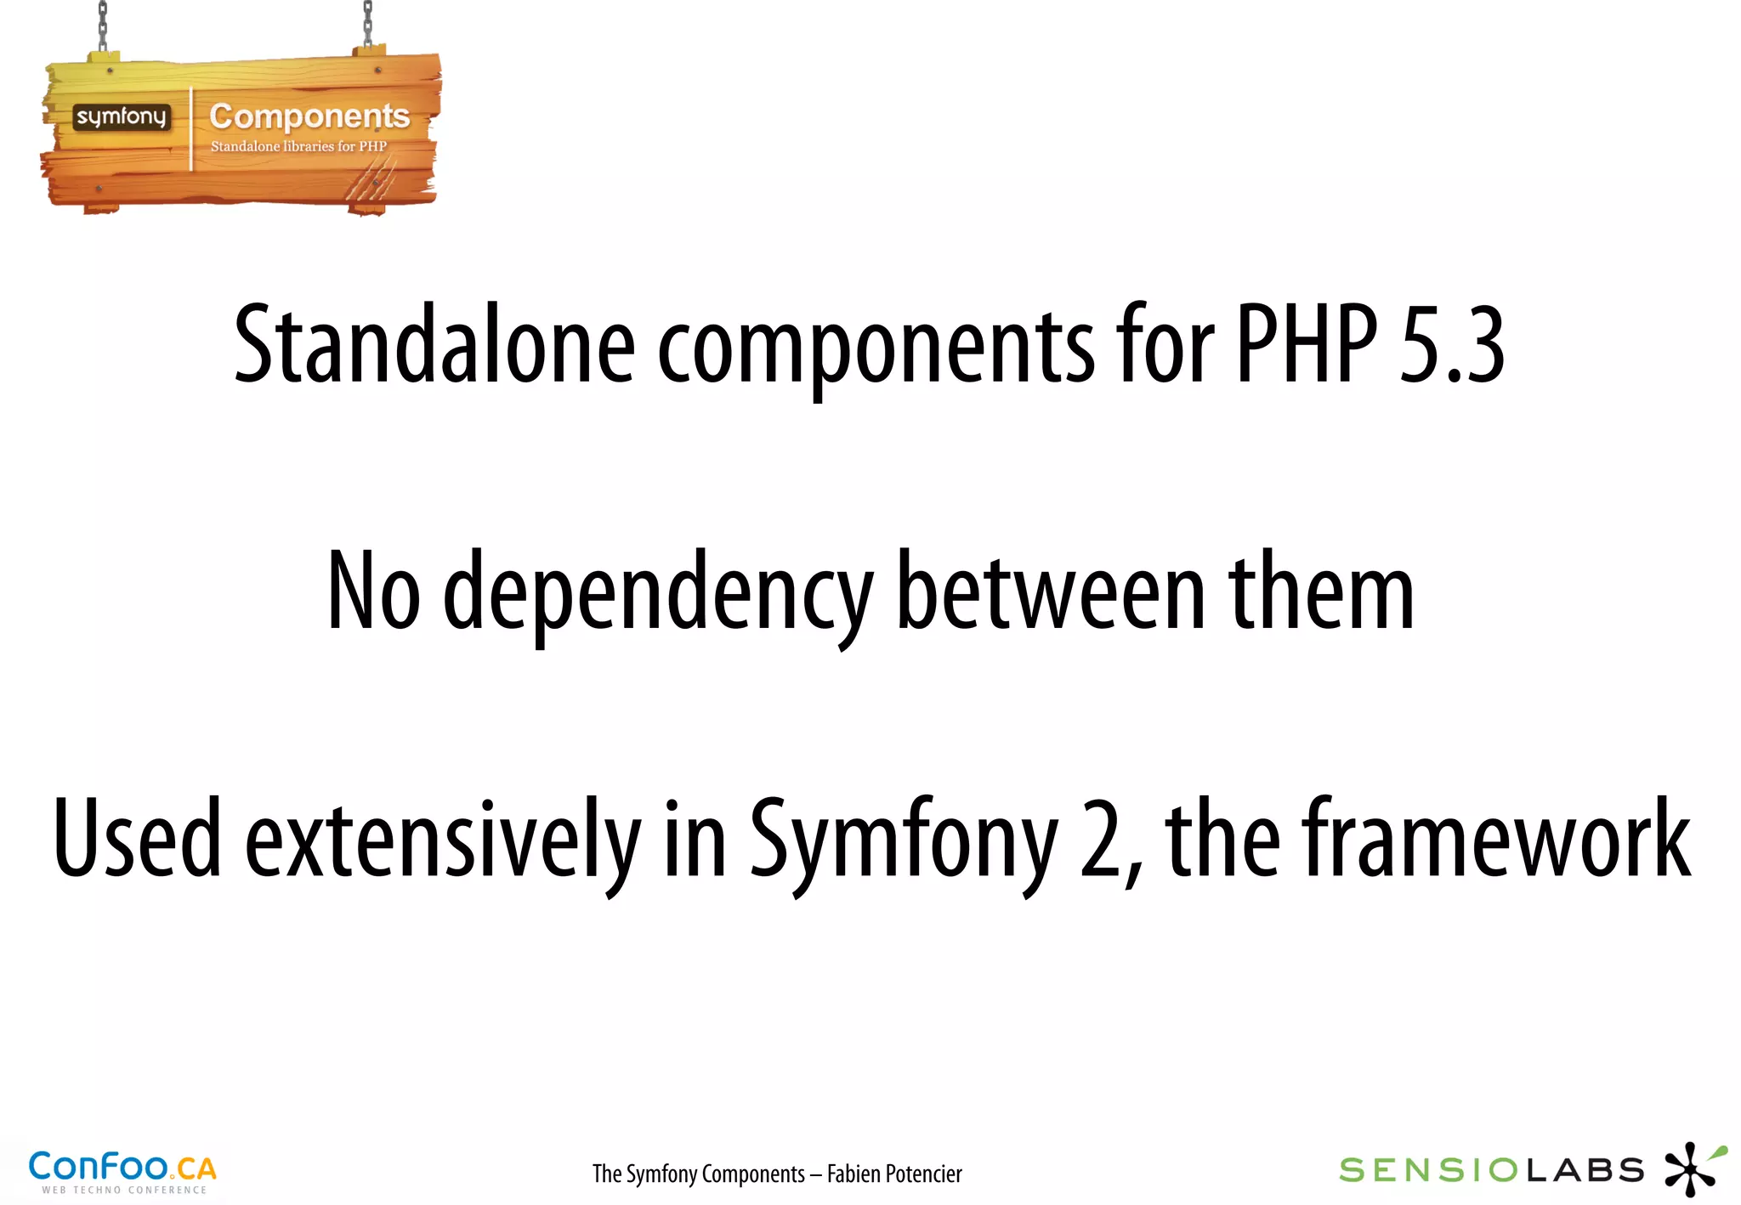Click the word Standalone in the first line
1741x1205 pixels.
coord(434,344)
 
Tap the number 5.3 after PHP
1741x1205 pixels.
coord(1452,344)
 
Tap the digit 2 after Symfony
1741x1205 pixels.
coord(1102,840)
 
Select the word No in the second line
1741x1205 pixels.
coord(374,591)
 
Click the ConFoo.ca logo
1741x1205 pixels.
coord(122,1171)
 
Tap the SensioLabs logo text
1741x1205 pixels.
coord(1491,1171)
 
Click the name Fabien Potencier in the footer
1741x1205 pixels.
coord(894,1174)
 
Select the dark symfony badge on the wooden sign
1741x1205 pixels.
coord(121,117)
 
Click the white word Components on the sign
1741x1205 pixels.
coord(309,116)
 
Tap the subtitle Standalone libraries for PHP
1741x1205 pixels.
coord(298,146)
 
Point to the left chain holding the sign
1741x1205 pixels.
coord(103,25)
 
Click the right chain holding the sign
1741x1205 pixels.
coord(368,24)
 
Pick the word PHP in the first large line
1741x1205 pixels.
coord(1306,344)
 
